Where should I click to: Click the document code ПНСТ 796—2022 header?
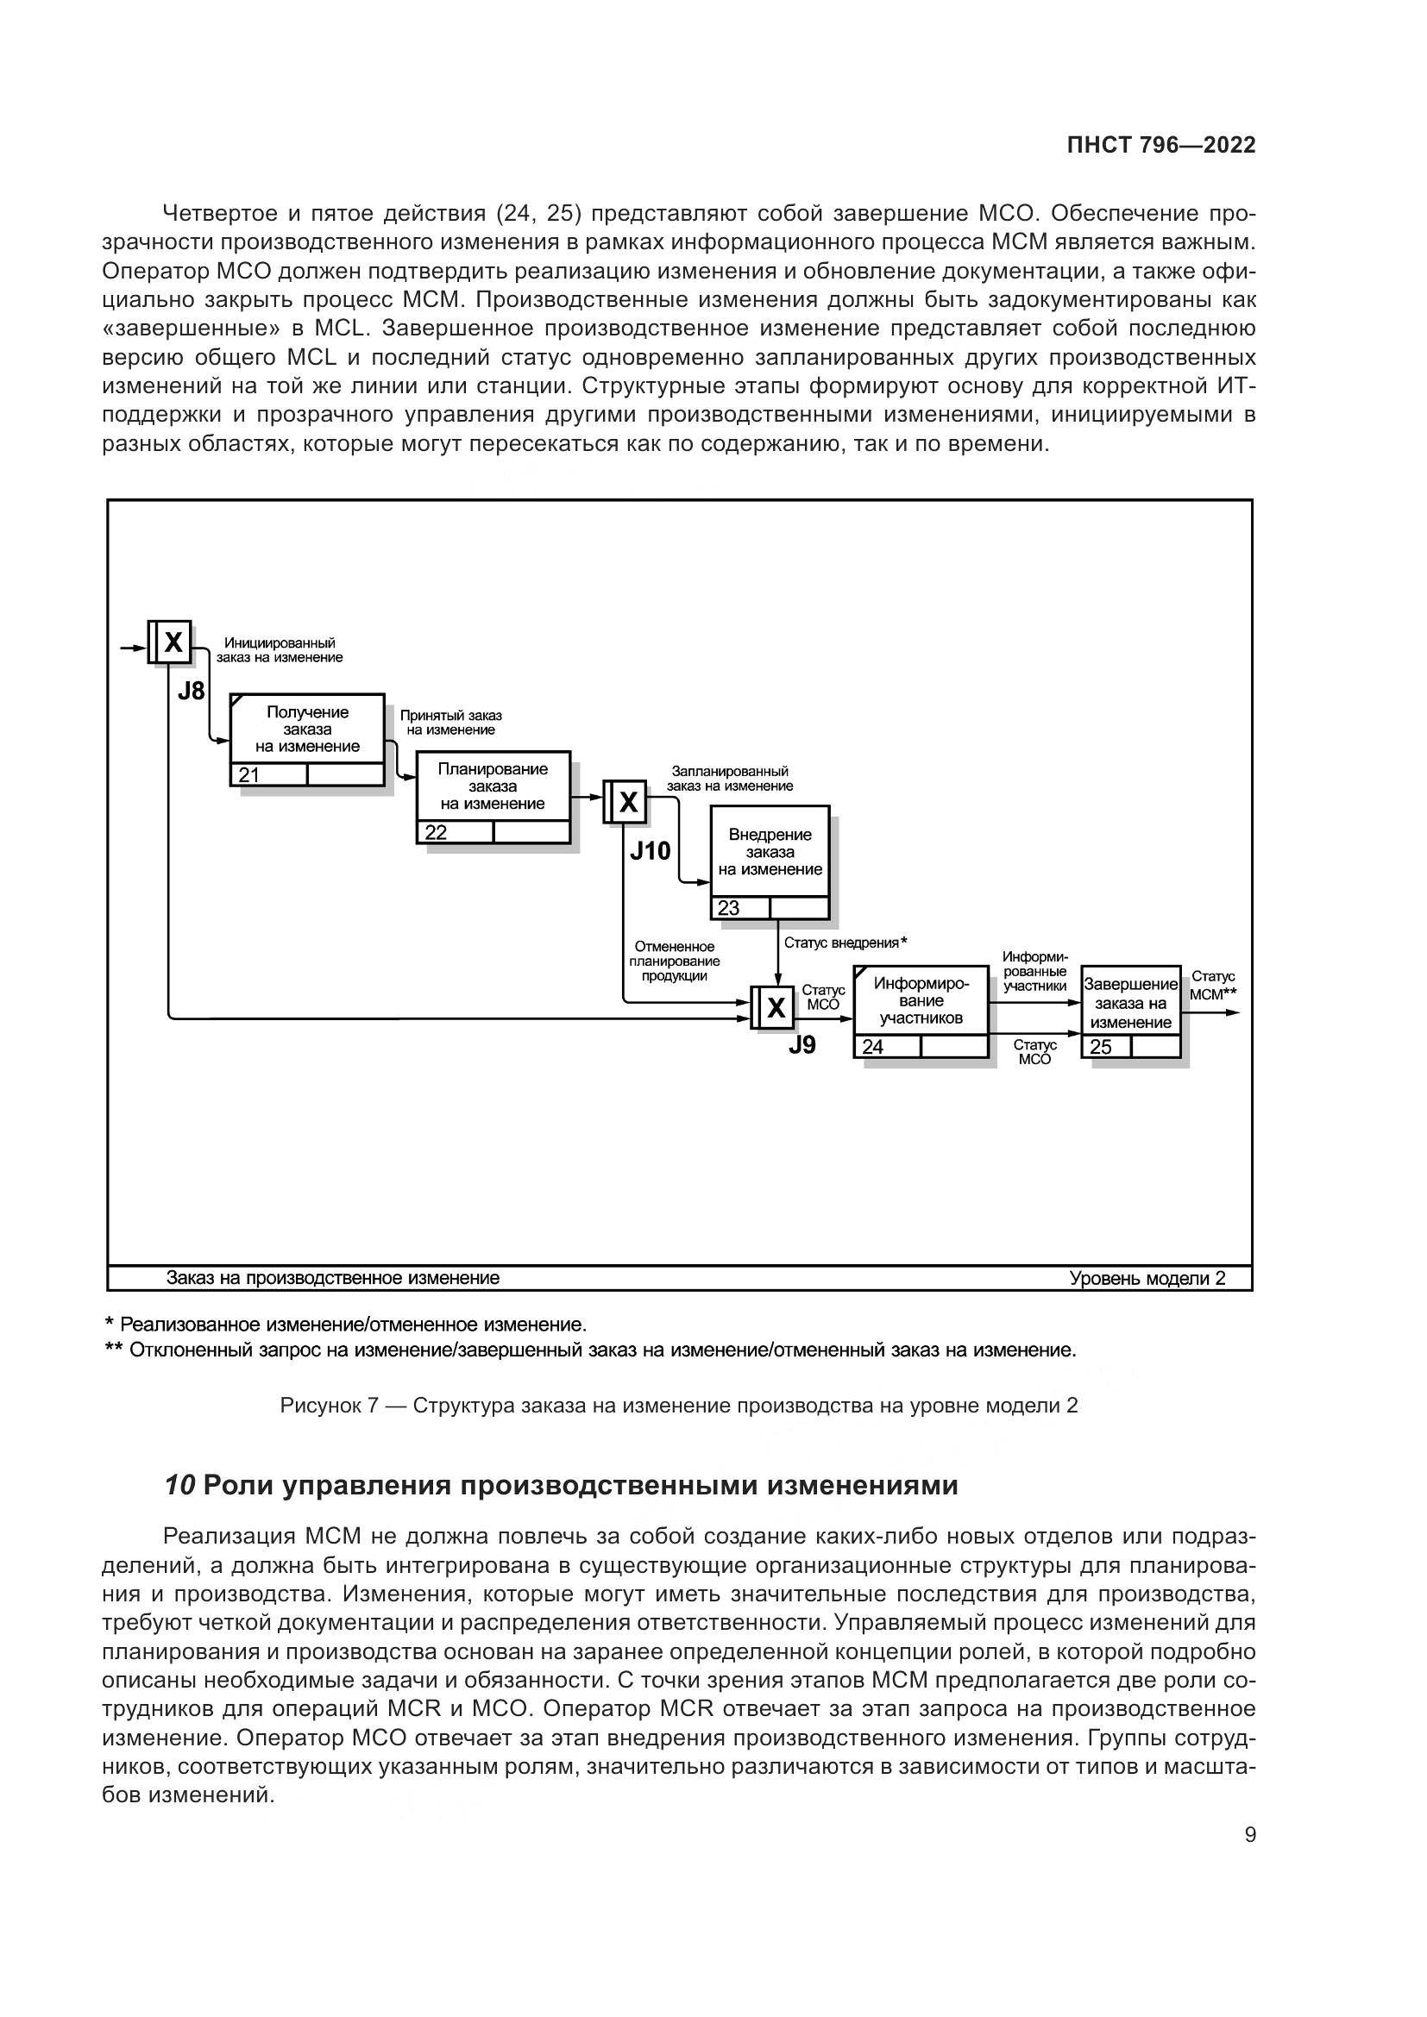pyautogui.click(x=1160, y=146)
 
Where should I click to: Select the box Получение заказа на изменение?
pyautogui.click(x=306, y=730)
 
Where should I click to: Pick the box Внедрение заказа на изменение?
pyautogui.click(x=770, y=852)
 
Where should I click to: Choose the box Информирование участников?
pyautogui.click(x=920, y=1000)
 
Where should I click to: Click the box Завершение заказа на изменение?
pyautogui.click(x=1130, y=1003)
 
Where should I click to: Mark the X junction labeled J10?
pyautogui.click(x=628, y=801)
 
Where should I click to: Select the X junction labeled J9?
pyautogui.click(x=776, y=1007)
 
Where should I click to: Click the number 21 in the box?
pyautogui.click(x=248, y=775)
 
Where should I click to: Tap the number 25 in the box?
pyautogui.click(x=1100, y=1047)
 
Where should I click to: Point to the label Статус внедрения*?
pyautogui.click(x=845, y=943)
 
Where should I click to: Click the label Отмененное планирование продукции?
pyautogui.click(x=674, y=961)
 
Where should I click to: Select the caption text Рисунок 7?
pyautogui.click(x=328, y=1406)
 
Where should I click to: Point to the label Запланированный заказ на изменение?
pyautogui.click(x=729, y=779)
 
